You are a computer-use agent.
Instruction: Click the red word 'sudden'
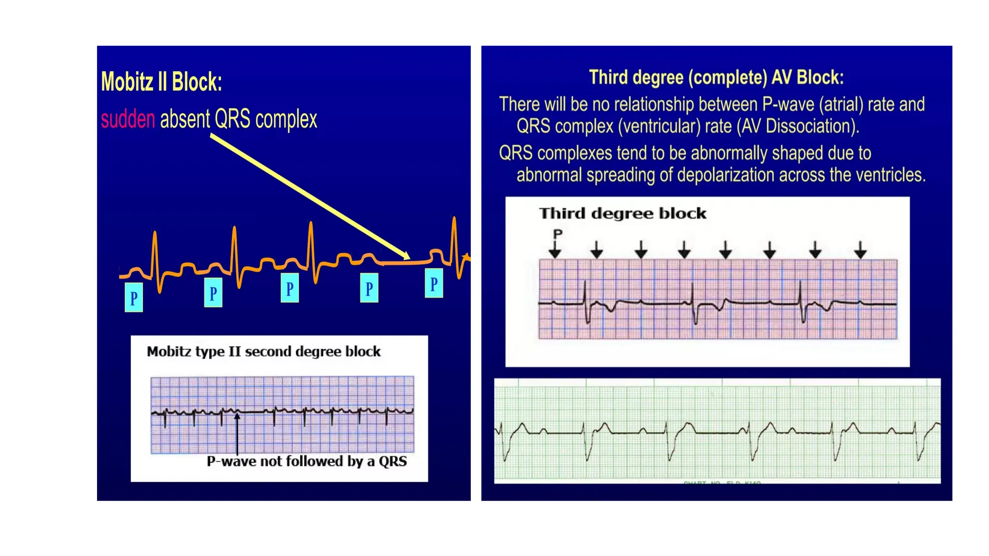point(128,119)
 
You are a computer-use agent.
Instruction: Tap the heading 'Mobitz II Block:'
point(161,82)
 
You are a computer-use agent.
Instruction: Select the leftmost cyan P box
point(134,298)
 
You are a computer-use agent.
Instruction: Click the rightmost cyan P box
point(434,283)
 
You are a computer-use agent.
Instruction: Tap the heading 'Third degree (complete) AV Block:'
point(716,78)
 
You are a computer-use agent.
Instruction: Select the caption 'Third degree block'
point(622,213)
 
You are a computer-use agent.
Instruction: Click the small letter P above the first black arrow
point(558,234)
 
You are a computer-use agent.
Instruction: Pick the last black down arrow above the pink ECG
point(860,250)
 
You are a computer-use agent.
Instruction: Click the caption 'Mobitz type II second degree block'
point(264,351)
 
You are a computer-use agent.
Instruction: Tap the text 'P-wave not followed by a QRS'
point(307,461)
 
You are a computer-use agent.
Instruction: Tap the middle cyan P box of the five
point(290,288)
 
